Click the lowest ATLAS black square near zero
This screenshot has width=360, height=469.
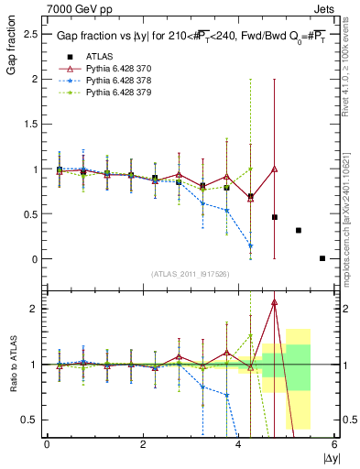coord(322,258)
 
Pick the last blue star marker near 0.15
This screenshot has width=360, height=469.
coord(250,245)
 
